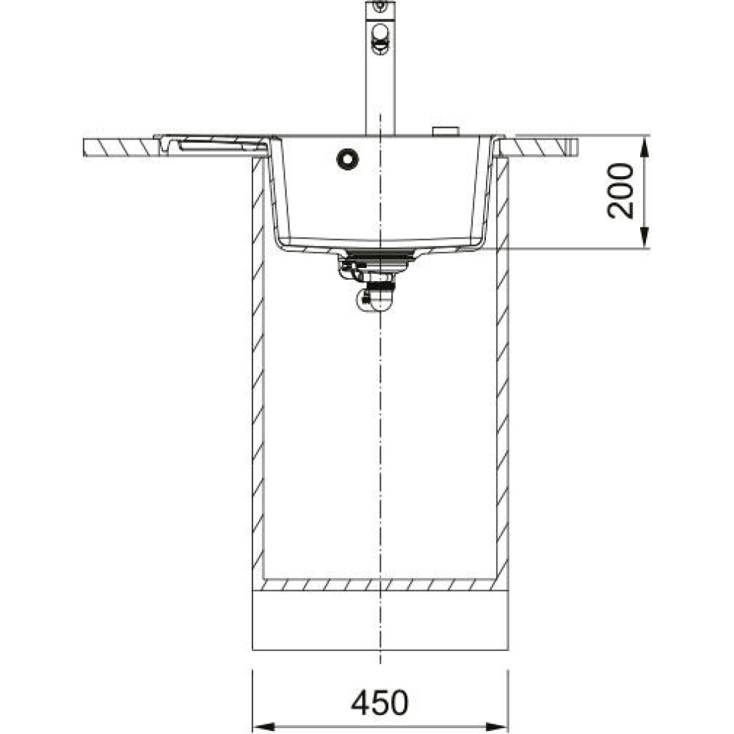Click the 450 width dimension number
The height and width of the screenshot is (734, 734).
click(x=379, y=703)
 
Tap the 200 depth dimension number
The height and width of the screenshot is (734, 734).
click(x=621, y=191)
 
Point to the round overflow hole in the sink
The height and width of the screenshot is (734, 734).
click(x=346, y=159)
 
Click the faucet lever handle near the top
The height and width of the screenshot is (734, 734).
click(x=380, y=37)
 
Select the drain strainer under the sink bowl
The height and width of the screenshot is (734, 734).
click(x=379, y=256)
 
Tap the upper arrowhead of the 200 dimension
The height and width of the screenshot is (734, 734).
click(x=644, y=146)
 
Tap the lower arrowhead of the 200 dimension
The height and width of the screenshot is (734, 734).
click(x=644, y=238)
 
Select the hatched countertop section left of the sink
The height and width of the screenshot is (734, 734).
click(x=121, y=147)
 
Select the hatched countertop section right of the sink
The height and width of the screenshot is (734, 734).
click(x=539, y=147)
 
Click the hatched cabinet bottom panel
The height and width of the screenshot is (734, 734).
click(x=379, y=585)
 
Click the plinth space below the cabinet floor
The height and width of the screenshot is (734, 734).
click(x=379, y=620)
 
